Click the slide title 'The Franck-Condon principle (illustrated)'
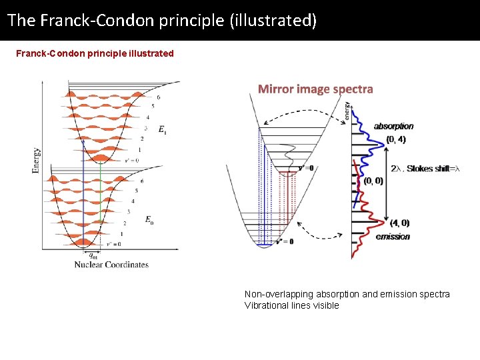pos(162,20)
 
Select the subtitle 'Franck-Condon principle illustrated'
pos(95,53)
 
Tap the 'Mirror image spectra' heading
pos(315,89)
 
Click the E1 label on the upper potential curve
pos(163,130)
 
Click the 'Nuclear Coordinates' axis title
pos(111,265)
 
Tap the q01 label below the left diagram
pos(94,255)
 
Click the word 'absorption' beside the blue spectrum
pos(393,126)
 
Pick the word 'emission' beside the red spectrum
pos(393,237)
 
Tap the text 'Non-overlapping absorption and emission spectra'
pos(347,294)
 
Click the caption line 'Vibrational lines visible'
pos(291,305)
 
